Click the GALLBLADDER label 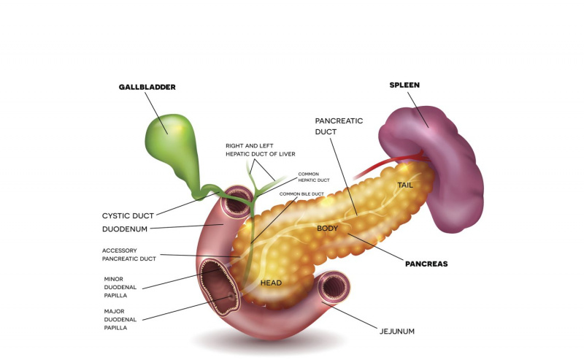[147, 87]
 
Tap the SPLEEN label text [404, 85]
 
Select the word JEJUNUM [397, 332]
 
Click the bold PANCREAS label [426, 264]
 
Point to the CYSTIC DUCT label [128, 215]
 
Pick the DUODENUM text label [125, 229]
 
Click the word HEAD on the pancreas [271, 283]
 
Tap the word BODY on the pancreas [327, 228]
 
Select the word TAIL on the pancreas [405, 185]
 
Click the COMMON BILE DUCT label [301, 194]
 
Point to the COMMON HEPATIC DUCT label [314, 177]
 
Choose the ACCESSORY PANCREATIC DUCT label [129, 255]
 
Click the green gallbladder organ [172, 145]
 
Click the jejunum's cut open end [334, 287]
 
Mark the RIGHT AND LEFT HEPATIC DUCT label [261, 150]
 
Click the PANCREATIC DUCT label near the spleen [339, 126]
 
